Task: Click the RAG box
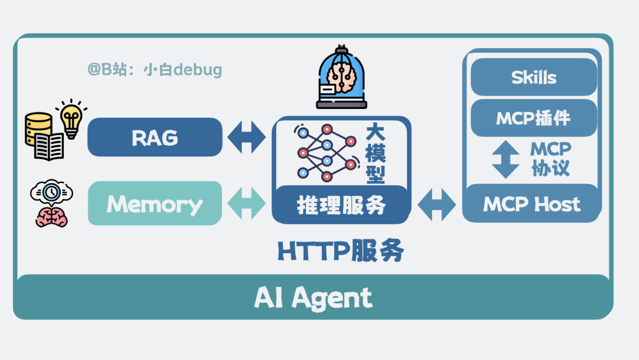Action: [155, 137]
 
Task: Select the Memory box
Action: [155, 204]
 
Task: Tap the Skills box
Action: [534, 77]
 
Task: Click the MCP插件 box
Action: [534, 118]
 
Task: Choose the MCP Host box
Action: [531, 204]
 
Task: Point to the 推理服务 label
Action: [341, 205]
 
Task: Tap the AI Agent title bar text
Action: [314, 298]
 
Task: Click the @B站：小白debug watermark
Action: [155, 70]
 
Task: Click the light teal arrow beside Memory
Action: [247, 204]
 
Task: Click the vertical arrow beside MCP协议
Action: [505, 159]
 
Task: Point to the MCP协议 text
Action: [550, 159]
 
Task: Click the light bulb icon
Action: [71, 117]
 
